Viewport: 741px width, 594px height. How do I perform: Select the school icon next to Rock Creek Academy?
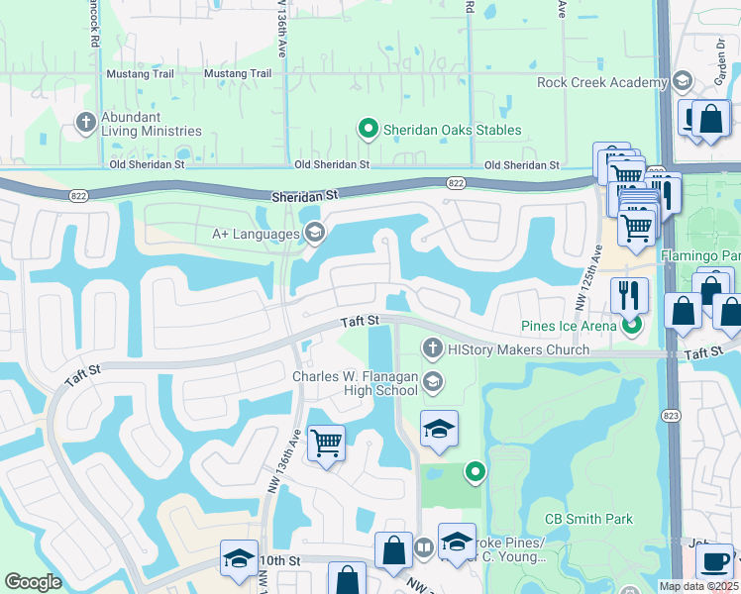pos(682,81)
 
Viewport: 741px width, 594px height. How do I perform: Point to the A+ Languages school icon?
pos(315,233)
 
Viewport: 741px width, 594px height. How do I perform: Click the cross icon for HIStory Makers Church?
pos(432,348)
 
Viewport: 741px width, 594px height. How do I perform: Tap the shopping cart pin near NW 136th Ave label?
pos(326,445)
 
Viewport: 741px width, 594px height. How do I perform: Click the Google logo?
pos(33,582)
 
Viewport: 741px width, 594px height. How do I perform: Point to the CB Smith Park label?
pos(588,519)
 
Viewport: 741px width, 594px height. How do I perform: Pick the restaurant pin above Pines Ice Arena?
pos(629,295)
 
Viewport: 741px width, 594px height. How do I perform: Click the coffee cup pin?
pos(714,562)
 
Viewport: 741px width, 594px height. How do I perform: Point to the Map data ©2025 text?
pos(699,586)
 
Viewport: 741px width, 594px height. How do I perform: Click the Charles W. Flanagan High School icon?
pos(432,381)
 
